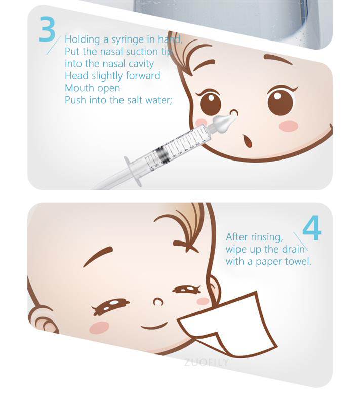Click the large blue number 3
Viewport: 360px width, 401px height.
click(47, 30)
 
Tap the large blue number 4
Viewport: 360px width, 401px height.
click(311, 229)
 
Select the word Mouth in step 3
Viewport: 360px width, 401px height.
click(78, 88)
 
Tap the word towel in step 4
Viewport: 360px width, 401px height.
click(299, 261)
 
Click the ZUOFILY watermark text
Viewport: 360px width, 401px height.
click(207, 363)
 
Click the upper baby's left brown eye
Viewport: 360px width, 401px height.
click(211, 103)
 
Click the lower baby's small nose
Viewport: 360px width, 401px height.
click(157, 302)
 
